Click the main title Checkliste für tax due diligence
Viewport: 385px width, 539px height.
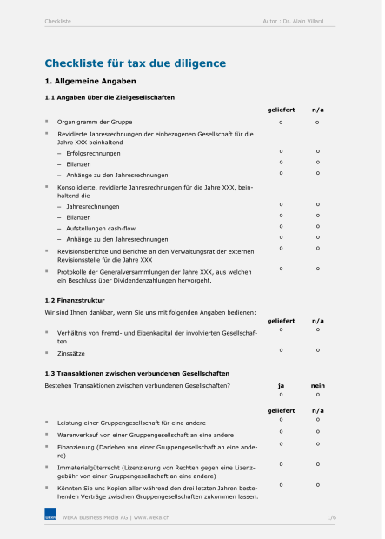(135, 63)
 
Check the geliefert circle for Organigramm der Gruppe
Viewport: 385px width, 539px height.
(281, 122)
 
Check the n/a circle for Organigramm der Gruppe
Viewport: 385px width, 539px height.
(318, 122)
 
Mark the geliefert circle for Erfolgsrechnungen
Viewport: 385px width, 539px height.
(281, 152)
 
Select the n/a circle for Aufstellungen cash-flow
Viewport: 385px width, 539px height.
(318, 226)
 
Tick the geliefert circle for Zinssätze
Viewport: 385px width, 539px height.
(281, 349)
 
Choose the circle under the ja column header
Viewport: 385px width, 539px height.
(281, 395)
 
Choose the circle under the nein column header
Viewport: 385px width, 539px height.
(318, 395)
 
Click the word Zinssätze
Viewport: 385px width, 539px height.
(71, 353)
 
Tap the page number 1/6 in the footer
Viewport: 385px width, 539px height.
(331, 517)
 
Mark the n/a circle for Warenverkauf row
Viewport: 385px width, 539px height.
(318, 431)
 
